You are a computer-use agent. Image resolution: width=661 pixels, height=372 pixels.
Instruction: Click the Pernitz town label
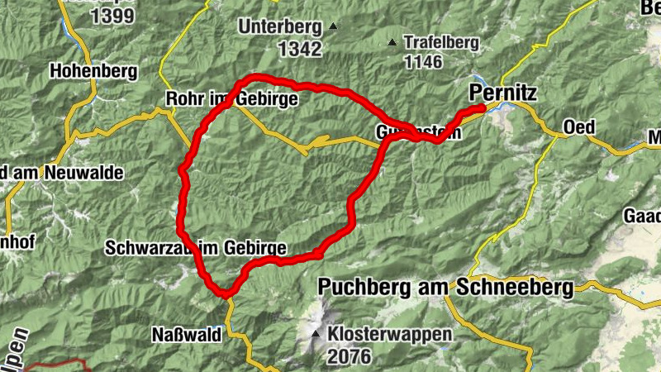pos(502,91)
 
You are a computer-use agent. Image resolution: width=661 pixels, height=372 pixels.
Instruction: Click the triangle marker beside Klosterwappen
pos(316,335)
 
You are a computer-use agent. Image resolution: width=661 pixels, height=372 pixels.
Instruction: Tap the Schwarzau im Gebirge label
pos(196,248)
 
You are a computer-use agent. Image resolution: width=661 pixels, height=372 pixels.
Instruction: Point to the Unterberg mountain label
pos(280,27)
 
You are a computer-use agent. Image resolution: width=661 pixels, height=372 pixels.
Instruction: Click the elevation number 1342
pos(299,50)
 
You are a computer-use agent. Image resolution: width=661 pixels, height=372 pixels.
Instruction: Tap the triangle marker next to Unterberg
pos(333,26)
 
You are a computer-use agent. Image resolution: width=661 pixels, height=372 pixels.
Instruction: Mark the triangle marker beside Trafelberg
pos(392,41)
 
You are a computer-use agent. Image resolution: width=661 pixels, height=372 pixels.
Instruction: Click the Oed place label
pos(579,126)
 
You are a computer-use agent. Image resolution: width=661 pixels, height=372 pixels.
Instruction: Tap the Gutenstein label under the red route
pos(417,133)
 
